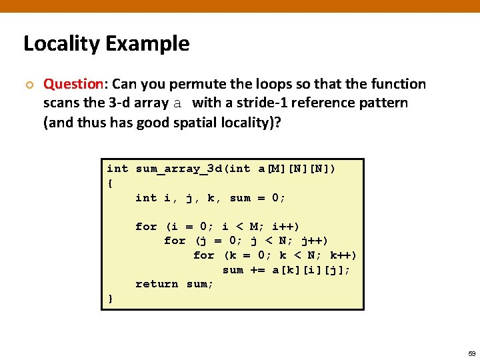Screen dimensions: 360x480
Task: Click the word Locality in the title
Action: [x=61, y=44]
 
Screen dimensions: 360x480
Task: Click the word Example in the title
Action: [x=147, y=44]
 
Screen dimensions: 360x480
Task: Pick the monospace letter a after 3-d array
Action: [x=177, y=103]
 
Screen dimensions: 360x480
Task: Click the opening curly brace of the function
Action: [x=110, y=183]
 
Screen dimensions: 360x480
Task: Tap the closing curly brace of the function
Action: [x=110, y=299]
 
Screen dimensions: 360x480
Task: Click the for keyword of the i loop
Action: [x=146, y=227]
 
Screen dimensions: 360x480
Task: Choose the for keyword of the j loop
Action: [x=175, y=241]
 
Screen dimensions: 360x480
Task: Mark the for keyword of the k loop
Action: [x=204, y=255]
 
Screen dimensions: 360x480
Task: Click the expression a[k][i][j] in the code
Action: [x=311, y=269]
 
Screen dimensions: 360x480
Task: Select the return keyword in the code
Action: [x=157, y=284]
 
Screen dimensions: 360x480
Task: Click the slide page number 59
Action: [x=471, y=353]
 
